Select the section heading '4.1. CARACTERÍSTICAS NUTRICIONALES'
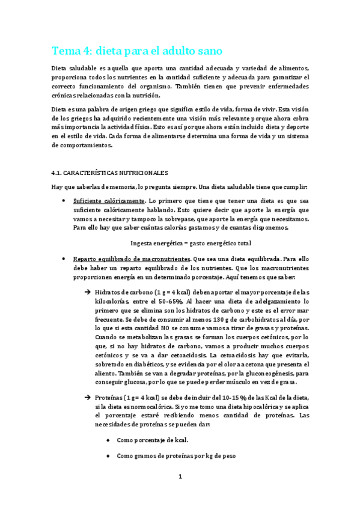(110, 173)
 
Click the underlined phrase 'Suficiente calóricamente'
(109, 200)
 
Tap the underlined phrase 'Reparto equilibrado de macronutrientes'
(127, 258)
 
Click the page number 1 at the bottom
(180, 477)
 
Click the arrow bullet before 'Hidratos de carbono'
(87, 292)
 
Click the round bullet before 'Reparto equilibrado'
(64, 258)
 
